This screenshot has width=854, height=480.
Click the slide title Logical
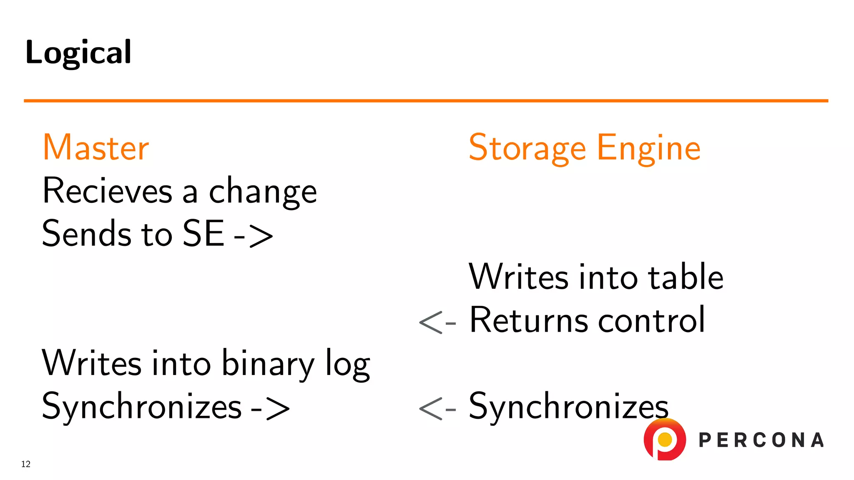click(78, 52)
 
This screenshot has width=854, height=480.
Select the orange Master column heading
click(96, 147)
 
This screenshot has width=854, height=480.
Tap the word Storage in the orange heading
click(527, 148)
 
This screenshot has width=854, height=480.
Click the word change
click(263, 192)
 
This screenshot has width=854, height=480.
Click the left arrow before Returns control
click(437, 322)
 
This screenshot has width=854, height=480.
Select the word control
click(651, 320)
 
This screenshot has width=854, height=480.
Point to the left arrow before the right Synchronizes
click(437, 409)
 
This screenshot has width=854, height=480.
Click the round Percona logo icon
click(665, 440)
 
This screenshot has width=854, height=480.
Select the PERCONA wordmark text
click(761, 440)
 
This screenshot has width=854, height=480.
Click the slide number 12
click(26, 464)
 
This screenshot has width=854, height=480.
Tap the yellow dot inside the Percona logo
click(665, 439)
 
